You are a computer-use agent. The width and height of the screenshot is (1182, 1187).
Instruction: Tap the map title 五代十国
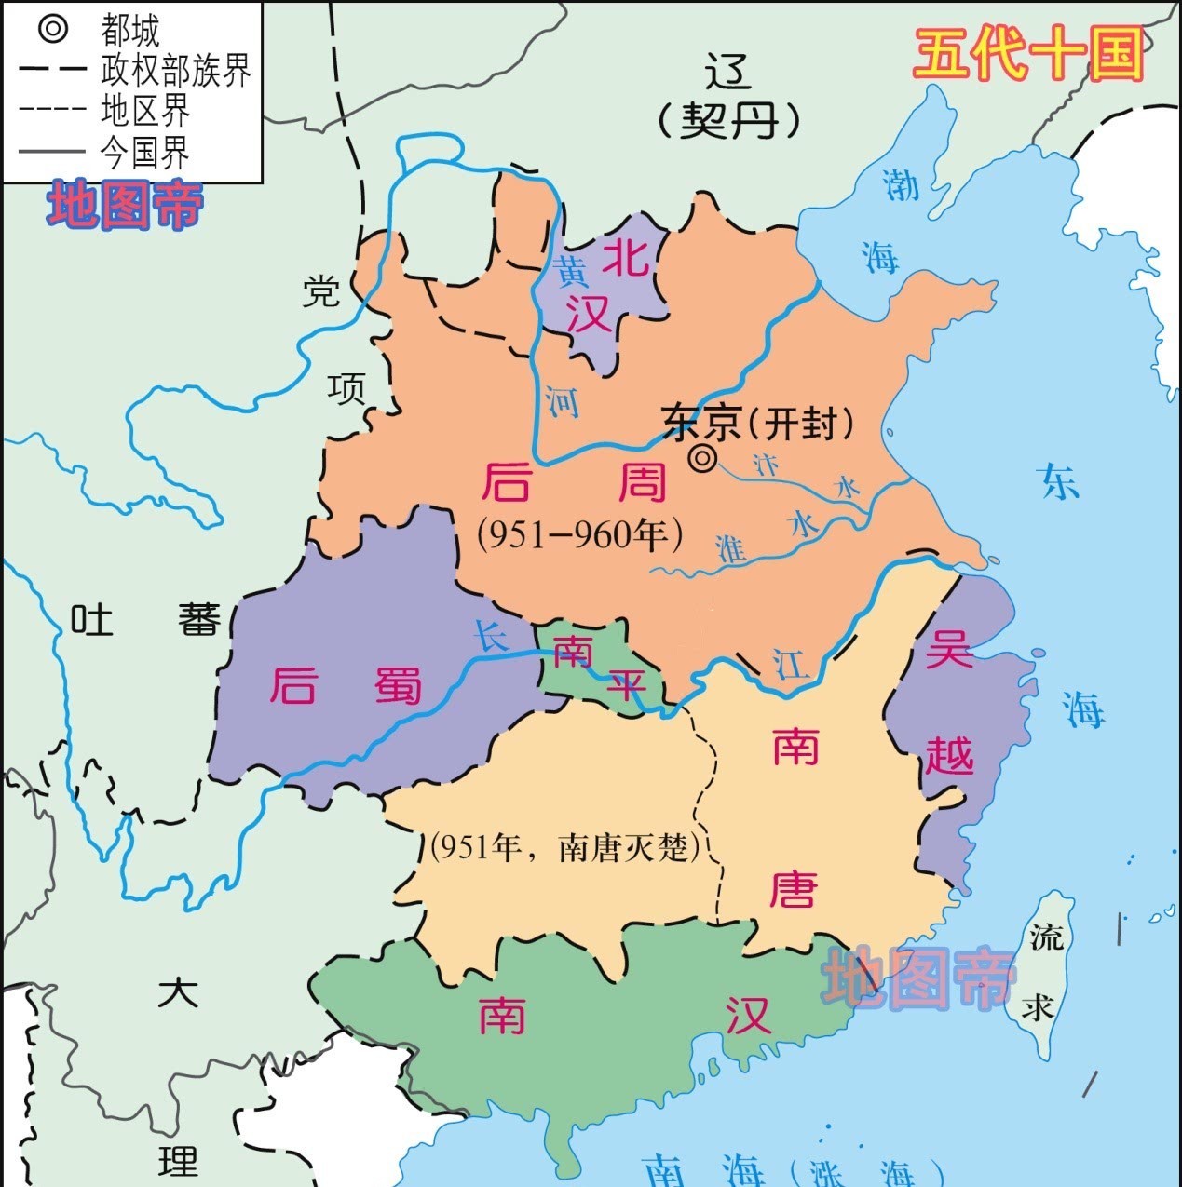point(1028,54)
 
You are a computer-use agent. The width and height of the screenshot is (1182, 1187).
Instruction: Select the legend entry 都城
point(130,31)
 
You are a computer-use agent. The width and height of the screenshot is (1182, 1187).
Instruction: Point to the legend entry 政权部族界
point(175,71)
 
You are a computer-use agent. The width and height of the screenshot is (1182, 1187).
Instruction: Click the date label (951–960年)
point(580,533)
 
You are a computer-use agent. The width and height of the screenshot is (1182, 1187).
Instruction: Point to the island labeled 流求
point(1042,968)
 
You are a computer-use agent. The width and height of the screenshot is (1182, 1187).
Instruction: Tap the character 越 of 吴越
point(949,754)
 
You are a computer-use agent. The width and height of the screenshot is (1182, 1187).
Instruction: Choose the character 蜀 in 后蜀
point(399,686)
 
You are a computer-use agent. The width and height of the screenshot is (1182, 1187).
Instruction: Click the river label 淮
point(732,548)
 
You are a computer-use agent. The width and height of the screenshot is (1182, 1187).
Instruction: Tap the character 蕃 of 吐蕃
point(200,619)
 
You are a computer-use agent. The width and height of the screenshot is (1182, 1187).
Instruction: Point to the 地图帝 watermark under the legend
point(125,206)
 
